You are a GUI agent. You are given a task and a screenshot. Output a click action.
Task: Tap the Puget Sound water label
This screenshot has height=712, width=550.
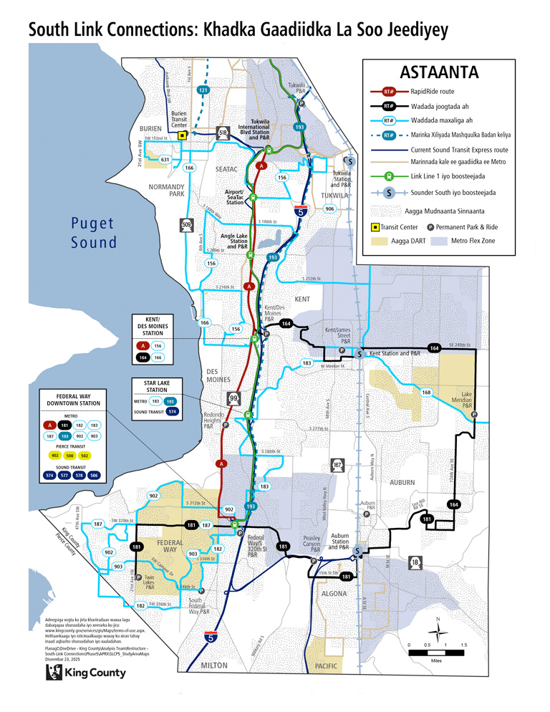pos(93,232)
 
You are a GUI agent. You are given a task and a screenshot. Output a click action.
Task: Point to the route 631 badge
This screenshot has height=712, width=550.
pos(165,159)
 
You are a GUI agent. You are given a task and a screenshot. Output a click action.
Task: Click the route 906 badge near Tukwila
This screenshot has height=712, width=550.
pos(329,208)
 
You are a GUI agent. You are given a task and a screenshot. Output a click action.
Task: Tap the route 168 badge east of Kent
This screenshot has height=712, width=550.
pos(426,393)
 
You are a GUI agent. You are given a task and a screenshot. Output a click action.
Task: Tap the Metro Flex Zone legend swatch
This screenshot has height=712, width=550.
pos(439,242)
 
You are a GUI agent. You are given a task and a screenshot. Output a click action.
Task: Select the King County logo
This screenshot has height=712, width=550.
pos(86,672)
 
